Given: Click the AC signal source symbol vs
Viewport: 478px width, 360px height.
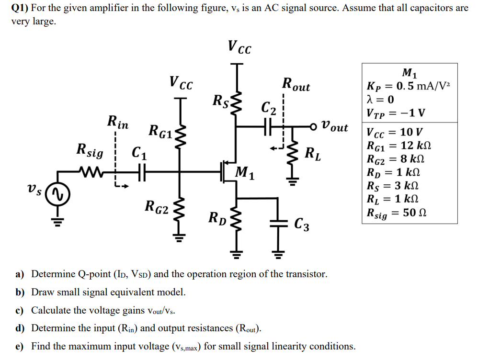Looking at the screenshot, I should point(57,193).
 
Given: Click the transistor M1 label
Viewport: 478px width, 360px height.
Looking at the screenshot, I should point(245,172).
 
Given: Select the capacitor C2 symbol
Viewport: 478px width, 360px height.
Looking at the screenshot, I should point(268,127).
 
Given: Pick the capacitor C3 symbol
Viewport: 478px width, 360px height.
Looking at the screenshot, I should point(278,222).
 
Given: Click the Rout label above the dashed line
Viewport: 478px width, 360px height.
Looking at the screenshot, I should point(296,85).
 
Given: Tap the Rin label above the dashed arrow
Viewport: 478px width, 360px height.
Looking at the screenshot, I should point(118,123).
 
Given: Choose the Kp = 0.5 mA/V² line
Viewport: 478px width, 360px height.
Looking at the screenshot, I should point(408,87).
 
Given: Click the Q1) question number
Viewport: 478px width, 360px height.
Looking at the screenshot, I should point(20,8).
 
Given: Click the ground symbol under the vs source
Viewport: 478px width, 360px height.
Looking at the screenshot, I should point(57,221).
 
